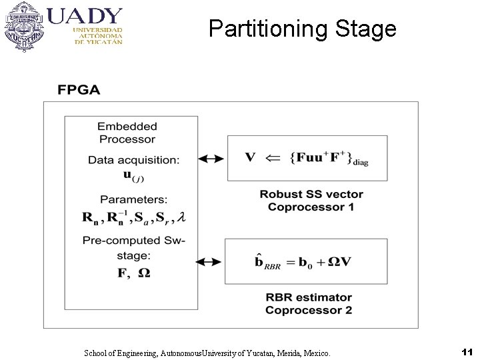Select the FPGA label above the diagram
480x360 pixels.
tap(79, 90)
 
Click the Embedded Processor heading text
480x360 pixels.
tap(127, 133)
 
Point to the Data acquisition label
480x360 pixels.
tap(133, 160)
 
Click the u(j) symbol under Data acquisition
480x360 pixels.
tap(133, 176)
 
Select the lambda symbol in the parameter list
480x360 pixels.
tap(181, 217)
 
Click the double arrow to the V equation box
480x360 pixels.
tap(211, 159)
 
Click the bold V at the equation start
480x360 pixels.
tap(250, 157)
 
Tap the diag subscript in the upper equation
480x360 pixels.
tap(360, 162)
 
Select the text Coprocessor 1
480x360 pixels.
tap(311, 207)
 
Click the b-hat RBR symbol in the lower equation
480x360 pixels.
tap(266, 262)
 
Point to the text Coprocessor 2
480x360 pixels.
tap(308, 310)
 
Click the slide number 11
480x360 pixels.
tap(466, 351)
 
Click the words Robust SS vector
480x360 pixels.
tap(311, 194)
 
